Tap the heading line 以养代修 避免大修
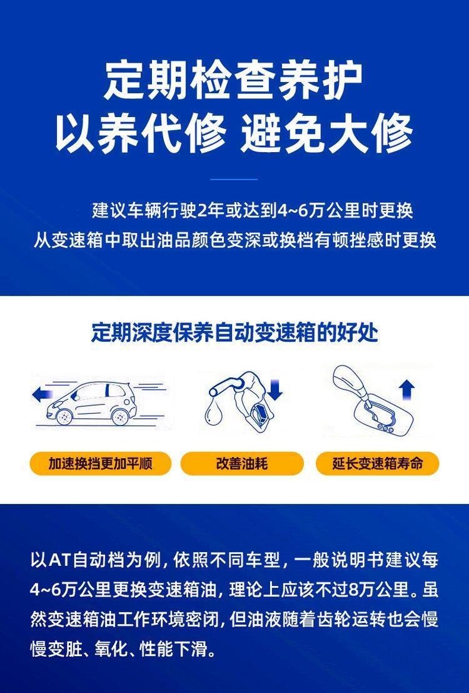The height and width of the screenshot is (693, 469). click(234, 133)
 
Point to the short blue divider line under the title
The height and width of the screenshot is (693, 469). click(234, 180)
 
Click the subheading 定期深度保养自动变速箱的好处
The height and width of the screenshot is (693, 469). click(234, 333)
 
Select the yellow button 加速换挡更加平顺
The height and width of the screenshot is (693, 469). click(100, 464)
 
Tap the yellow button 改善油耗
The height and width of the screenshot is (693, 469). click(242, 464)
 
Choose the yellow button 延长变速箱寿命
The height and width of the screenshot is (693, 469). click(378, 464)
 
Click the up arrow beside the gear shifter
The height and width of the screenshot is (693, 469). click(406, 390)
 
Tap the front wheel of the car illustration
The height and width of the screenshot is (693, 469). click(64, 416)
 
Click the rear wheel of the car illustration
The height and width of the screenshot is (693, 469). click(120, 416)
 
